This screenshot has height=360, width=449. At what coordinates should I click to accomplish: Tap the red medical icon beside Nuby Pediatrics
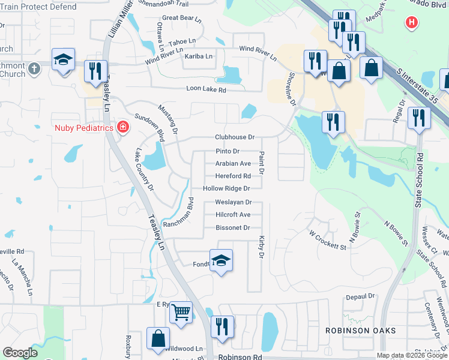[123, 127]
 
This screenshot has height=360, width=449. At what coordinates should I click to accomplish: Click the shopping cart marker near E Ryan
[181, 312]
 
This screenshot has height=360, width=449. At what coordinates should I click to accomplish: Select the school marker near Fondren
[221, 260]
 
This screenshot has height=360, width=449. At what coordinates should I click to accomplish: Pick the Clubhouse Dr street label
[235, 137]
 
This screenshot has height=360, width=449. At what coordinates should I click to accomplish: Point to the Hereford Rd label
[233, 176]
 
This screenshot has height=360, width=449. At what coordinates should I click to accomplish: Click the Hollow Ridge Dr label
[226, 188]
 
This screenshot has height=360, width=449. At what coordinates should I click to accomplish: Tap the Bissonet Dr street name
[232, 228]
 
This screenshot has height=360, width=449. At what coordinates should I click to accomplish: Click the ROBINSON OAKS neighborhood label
[360, 331]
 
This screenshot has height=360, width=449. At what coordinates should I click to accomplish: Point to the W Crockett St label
[328, 239]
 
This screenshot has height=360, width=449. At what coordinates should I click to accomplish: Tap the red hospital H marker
[411, 23]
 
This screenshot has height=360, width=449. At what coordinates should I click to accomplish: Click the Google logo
[20, 352]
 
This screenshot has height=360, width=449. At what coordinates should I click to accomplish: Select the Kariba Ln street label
[200, 56]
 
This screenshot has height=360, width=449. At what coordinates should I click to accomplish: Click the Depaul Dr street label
[360, 296]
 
